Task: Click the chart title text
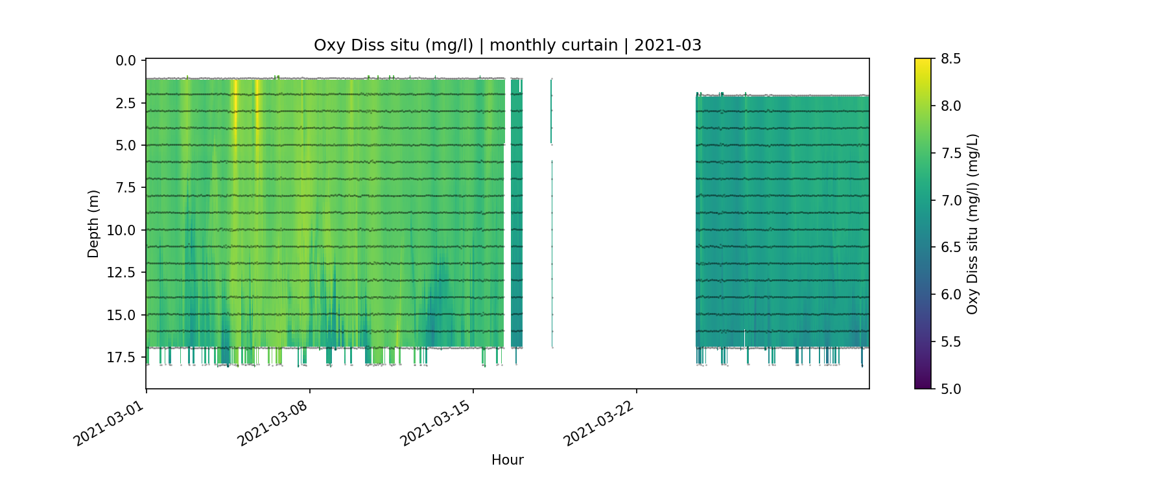point(507,45)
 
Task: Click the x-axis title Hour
point(507,460)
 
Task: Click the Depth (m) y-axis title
point(93,224)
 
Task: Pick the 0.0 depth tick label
point(126,61)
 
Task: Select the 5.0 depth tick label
point(126,145)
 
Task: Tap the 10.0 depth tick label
point(123,230)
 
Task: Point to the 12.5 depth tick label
point(123,272)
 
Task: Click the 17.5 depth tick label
point(123,357)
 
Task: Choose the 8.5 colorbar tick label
point(950,59)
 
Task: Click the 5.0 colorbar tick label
point(950,389)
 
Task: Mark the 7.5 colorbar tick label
point(950,153)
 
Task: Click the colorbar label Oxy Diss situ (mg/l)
point(972,224)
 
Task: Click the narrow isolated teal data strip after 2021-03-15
point(516,214)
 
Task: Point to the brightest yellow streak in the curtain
point(235,104)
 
